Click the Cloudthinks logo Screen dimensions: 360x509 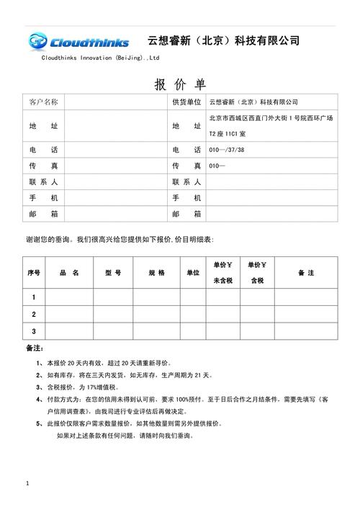coord(78,41)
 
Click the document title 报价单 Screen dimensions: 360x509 coord(180,84)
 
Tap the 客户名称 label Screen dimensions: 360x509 coord(44,102)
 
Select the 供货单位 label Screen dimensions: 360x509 coord(186,102)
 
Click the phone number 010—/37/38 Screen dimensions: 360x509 coord(226,150)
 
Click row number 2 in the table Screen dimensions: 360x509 coord(34,314)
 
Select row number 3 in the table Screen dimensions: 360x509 coord(34,331)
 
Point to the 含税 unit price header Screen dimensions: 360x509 coord(256,281)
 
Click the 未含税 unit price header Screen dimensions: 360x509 coord(222,281)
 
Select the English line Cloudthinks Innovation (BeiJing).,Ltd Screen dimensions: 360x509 coord(100,58)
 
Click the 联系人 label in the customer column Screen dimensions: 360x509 coord(44,182)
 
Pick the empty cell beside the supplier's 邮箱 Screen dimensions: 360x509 coord(270,214)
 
